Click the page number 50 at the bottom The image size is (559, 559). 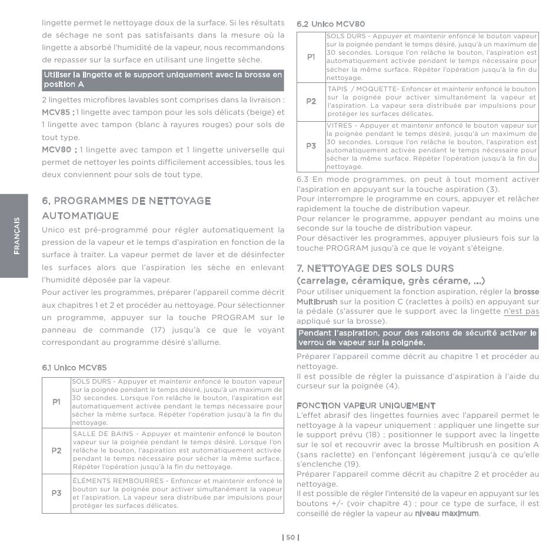click(291, 537)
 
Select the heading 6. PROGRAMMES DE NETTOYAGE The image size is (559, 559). click(127, 201)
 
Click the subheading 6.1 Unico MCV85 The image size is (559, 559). click(74, 368)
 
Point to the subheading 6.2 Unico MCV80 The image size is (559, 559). click(331, 24)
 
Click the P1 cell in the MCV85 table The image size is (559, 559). click(56, 402)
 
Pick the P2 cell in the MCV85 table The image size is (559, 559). click(56, 451)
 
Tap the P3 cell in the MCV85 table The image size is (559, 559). click(56, 493)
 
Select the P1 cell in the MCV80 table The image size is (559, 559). click(311, 57)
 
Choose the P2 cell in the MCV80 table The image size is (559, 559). click(311, 101)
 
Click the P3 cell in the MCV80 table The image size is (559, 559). click(311, 145)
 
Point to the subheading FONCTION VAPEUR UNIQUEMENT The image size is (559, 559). click(366, 406)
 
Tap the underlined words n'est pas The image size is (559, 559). click(521, 311)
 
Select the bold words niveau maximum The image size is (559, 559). click(447, 514)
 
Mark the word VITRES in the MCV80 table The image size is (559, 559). click(339, 125)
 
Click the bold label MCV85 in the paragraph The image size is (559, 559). click(56, 112)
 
